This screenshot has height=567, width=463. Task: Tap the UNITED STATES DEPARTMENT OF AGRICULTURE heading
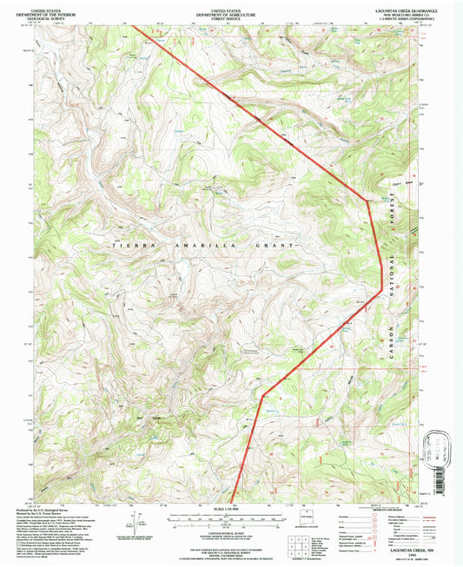[x=231, y=10]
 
